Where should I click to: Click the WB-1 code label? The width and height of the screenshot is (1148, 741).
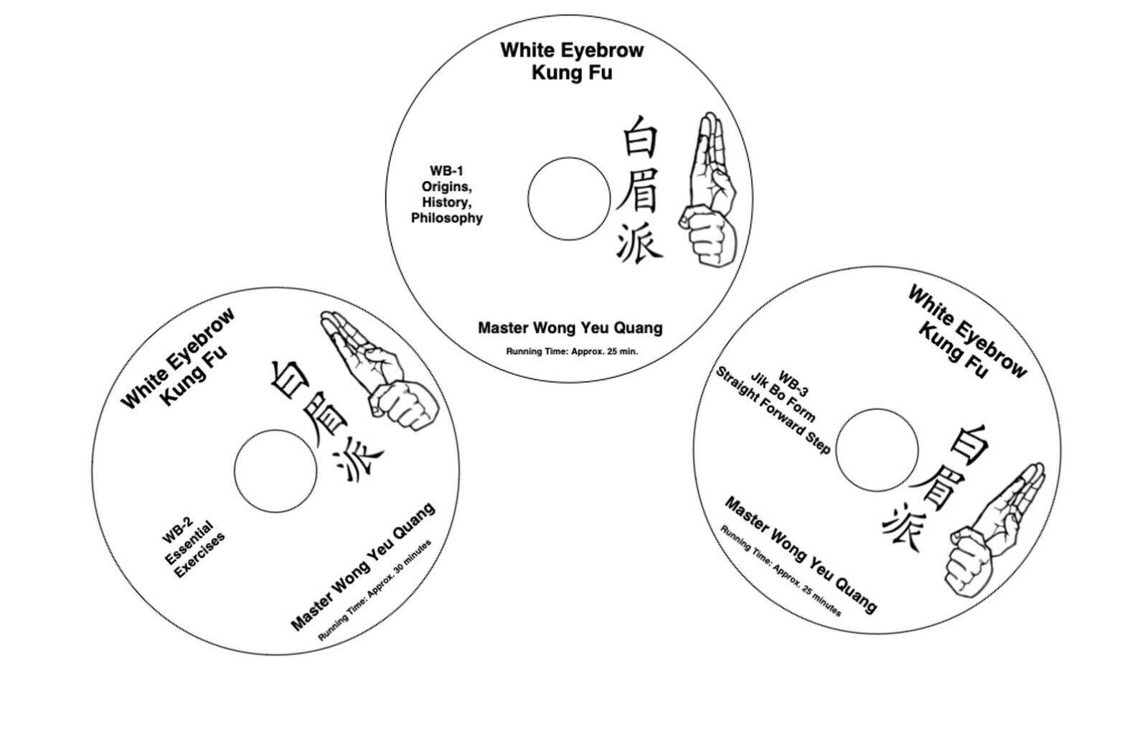click(x=446, y=171)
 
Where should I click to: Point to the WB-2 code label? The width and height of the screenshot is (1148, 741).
click(x=177, y=530)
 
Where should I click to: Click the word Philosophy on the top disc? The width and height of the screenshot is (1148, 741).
click(x=447, y=218)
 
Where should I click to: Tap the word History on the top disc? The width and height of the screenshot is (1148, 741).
click(x=447, y=202)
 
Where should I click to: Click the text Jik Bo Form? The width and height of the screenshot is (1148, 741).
click(x=783, y=397)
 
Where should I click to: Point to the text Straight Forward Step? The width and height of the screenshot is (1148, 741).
click(x=772, y=410)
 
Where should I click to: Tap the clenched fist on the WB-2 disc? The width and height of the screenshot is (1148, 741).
click(x=405, y=405)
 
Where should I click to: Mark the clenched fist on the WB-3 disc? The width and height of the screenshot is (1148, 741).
click(x=969, y=561)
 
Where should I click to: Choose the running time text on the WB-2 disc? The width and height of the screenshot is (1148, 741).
click(x=375, y=590)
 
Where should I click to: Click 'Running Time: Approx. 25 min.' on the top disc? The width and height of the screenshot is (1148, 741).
click(x=572, y=351)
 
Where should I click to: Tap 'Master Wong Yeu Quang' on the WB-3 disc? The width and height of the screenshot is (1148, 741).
click(x=801, y=555)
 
